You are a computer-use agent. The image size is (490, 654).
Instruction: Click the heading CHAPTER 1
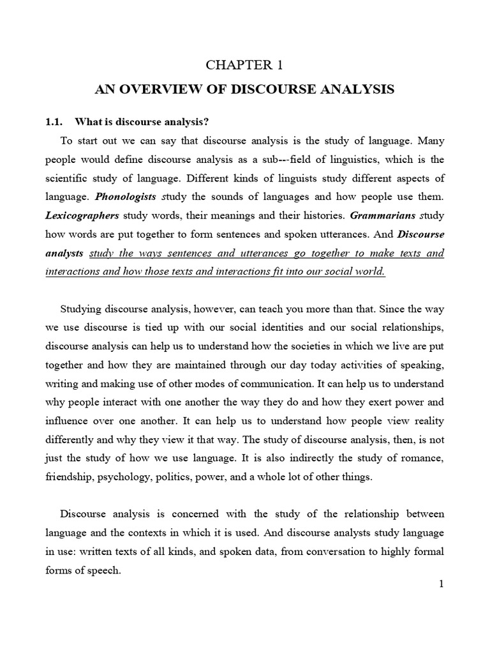tap(244, 65)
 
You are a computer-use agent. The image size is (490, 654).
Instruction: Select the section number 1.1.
tap(55, 122)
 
